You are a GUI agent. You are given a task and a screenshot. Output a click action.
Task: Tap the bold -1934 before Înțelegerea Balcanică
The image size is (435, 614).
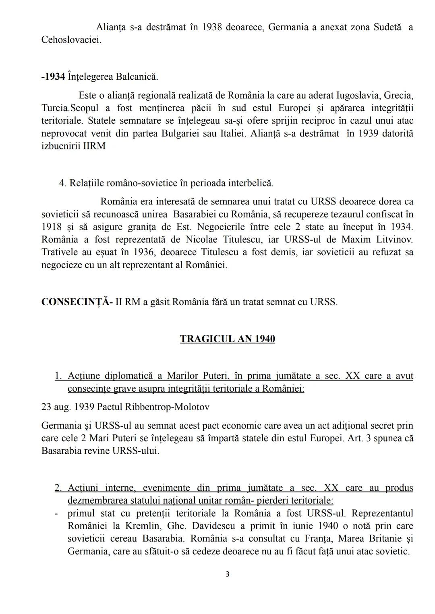click(53, 76)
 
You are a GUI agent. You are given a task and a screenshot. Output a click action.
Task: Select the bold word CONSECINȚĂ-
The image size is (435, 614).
click(77, 302)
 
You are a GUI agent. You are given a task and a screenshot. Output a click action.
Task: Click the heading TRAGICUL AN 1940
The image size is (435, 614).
click(228, 339)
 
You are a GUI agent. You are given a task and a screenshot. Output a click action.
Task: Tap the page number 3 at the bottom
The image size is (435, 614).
click(227, 574)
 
